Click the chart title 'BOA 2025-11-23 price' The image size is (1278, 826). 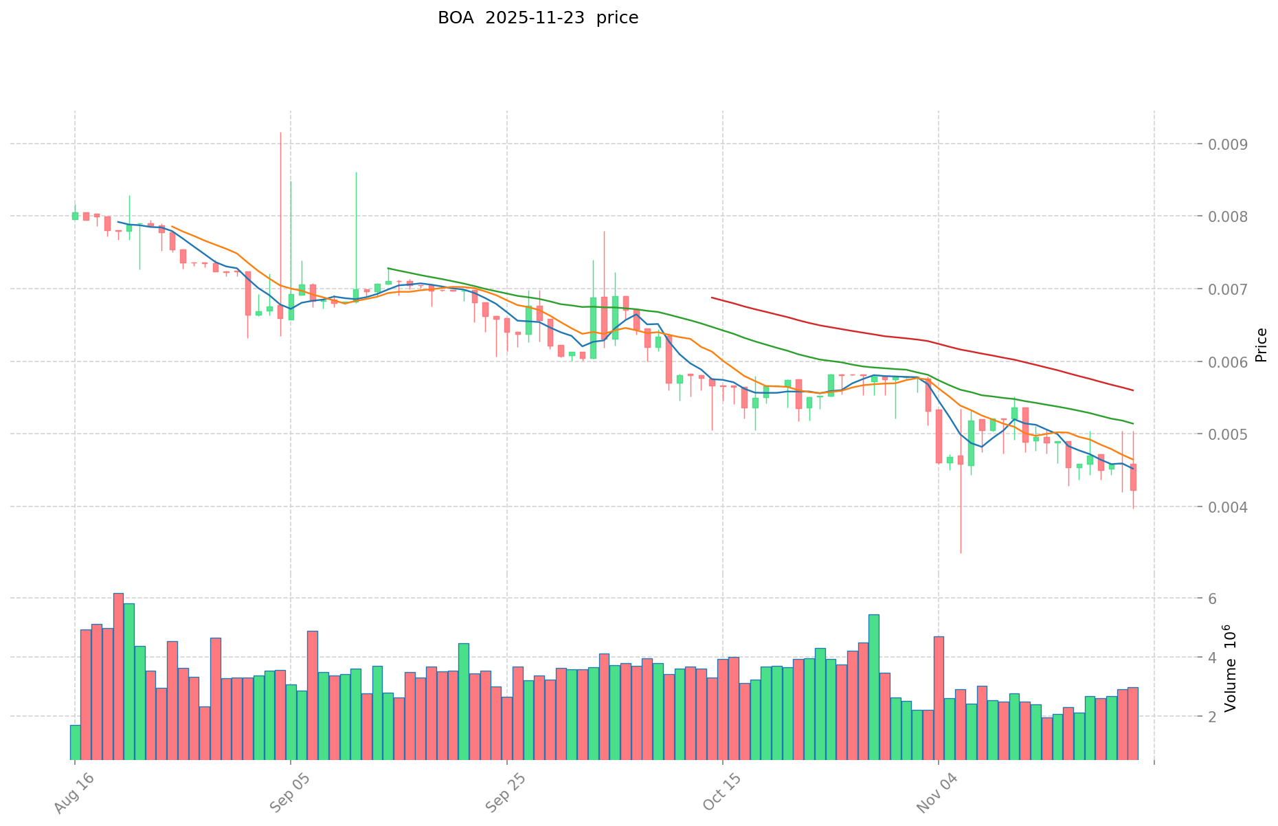point(538,18)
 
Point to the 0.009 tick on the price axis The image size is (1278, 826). point(1224,144)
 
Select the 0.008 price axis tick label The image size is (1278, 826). point(1224,217)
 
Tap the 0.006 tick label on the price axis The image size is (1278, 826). point(1224,362)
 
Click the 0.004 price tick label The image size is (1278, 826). point(1224,507)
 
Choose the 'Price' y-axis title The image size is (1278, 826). point(1261,345)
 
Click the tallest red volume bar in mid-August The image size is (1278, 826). point(118,677)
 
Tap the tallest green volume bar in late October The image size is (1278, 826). point(874,687)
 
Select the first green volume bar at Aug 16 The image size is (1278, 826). point(75,742)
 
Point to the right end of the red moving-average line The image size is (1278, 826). point(1133,390)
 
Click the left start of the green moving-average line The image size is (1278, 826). point(388,268)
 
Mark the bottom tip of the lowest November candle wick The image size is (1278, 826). point(961,553)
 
